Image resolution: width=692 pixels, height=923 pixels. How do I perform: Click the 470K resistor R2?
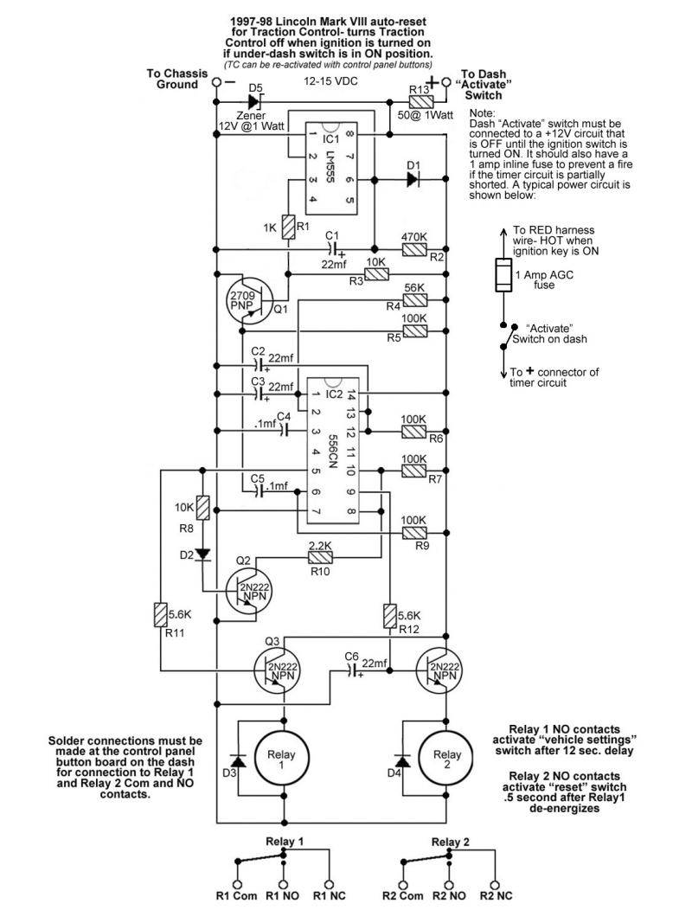coord(414,250)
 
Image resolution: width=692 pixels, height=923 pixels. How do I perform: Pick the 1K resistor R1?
coord(288,228)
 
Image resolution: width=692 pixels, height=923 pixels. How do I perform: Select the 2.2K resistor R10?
coord(321,558)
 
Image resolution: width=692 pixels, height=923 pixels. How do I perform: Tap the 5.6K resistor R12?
coord(389,616)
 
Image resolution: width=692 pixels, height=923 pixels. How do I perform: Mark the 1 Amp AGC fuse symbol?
coord(503,275)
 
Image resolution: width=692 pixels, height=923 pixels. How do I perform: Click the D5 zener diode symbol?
coord(257,101)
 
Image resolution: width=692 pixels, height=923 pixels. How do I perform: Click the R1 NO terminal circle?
coord(283,885)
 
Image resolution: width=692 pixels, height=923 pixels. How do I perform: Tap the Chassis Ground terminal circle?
coord(216,82)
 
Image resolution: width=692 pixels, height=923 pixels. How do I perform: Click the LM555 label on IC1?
coord(330,168)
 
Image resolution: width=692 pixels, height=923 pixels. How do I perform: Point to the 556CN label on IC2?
coord(332,452)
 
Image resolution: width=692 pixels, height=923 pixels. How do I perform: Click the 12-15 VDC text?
coord(330,81)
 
